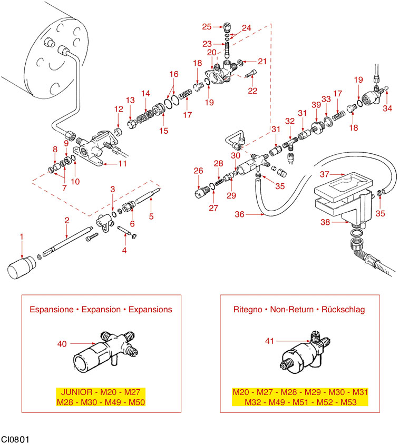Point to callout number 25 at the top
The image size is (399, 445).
pyautogui.click(x=207, y=26)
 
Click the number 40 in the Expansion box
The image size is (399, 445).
pyautogui.click(x=62, y=344)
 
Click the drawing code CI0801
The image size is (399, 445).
pyautogui.click(x=15, y=438)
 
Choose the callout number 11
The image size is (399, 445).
pyautogui.click(x=122, y=164)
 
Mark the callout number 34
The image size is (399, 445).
pyautogui.click(x=388, y=108)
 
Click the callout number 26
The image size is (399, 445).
pyautogui.click(x=198, y=171)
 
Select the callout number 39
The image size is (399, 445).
pyautogui.click(x=316, y=105)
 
